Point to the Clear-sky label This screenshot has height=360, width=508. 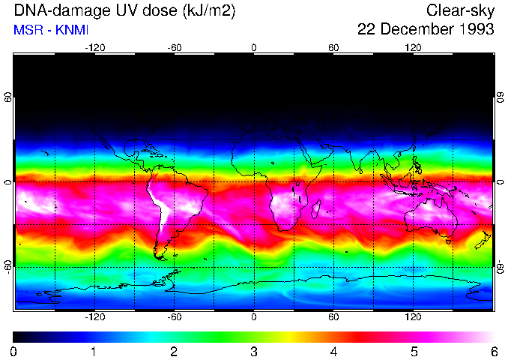[460, 10]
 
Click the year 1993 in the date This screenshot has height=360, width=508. [474, 30]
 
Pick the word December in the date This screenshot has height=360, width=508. [411, 30]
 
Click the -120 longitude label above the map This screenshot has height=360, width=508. [94, 47]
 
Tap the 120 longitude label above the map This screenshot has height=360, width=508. [413, 47]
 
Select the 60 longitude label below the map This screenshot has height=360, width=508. [333, 316]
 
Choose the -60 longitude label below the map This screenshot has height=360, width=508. [174, 316]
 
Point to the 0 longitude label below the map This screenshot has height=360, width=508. [254, 316]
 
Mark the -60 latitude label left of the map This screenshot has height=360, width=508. [8, 266]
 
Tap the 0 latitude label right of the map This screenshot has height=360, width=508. [500, 182]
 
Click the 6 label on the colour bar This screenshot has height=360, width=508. [494, 351]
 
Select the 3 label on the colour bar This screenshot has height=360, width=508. [254, 351]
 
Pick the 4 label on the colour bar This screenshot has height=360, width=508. [334, 351]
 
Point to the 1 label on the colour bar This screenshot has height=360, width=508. [94, 351]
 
